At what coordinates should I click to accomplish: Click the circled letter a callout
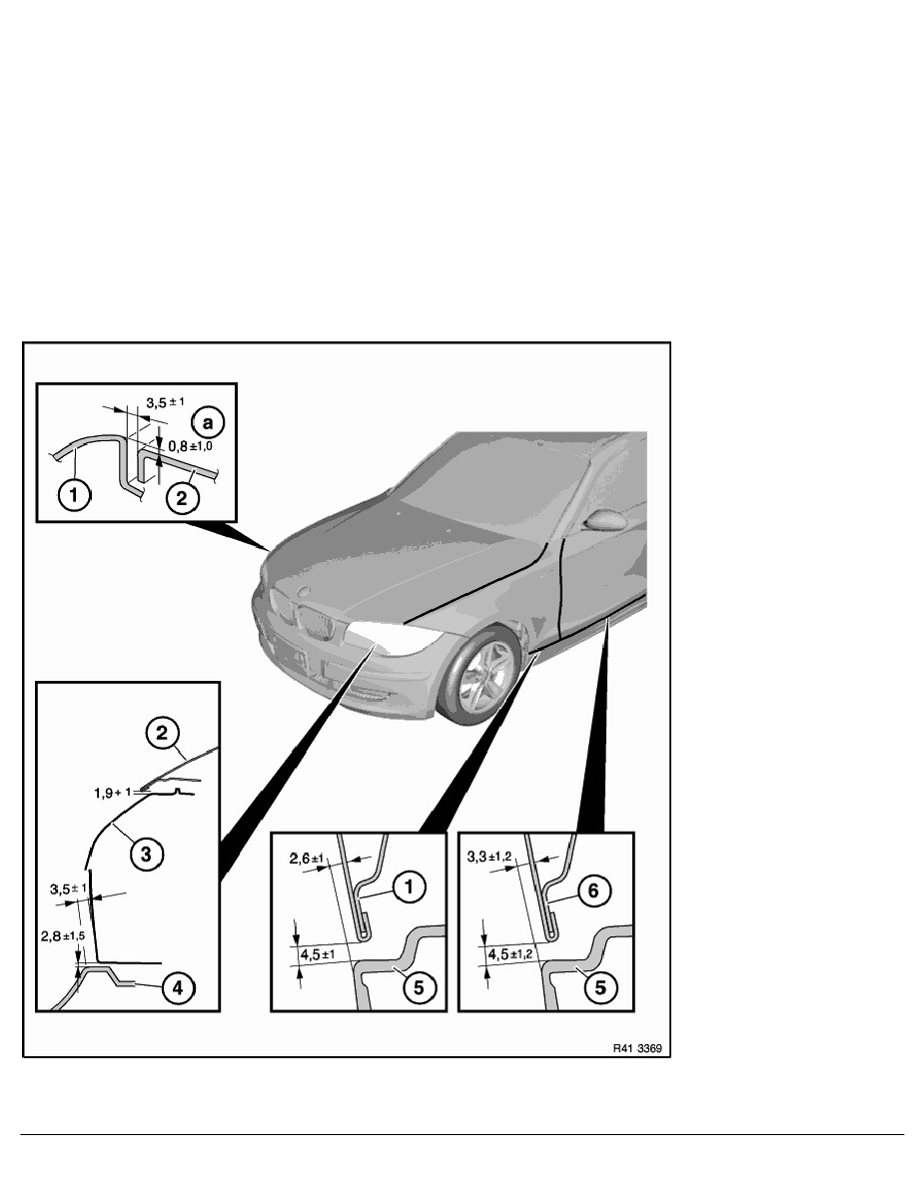pyautogui.click(x=208, y=422)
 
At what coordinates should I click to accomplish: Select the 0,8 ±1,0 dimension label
pyautogui.click(x=190, y=446)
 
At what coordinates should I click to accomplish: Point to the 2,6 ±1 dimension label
pyautogui.click(x=308, y=858)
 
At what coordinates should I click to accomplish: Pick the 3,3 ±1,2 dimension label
pyautogui.click(x=489, y=857)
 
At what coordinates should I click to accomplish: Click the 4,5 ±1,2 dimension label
pyautogui.click(x=510, y=954)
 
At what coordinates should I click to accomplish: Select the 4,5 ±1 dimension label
pyautogui.click(x=318, y=954)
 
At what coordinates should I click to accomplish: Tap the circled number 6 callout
pyautogui.click(x=593, y=891)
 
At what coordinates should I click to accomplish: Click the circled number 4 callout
pyautogui.click(x=178, y=987)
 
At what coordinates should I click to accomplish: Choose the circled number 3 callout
pyautogui.click(x=146, y=854)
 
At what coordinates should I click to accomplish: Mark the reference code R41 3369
pyautogui.click(x=637, y=1048)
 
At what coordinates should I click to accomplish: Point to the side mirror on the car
pyautogui.click(x=605, y=520)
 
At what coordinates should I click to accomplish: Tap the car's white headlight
pyautogui.click(x=394, y=638)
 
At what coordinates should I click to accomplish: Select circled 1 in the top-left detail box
pyautogui.click(x=74, y=496)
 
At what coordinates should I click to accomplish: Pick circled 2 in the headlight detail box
pyautogui.click(x=162, y=733)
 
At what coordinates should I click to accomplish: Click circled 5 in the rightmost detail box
pyautogui.click(x=600, y=987)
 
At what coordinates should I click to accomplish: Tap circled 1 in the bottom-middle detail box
pyautogui.click(x=410, y=886)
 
